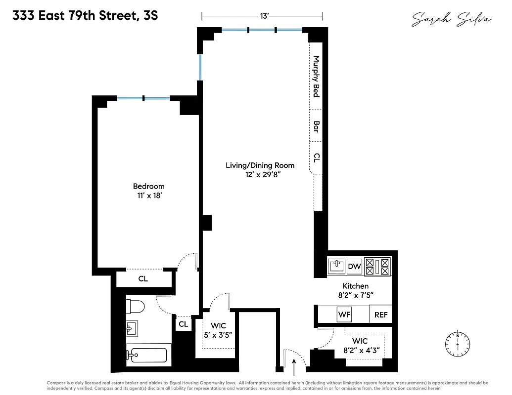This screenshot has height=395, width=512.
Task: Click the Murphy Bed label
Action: pyautogui.click(x=316, y=76)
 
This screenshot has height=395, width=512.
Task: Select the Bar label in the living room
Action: pyautogui.click(x=316, y=125)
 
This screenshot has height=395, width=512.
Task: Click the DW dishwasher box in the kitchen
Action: pyautogui.click(x=355, y=267)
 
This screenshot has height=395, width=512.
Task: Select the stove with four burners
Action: pyautogui.click(x=378, y=267)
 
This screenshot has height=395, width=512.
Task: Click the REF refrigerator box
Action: pyautogui.click(x=381, y=315)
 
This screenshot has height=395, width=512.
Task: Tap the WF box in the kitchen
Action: pyautogui.click(x=344, y=315)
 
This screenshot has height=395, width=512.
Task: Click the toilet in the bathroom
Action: pyautogui.click(x=135, y=307)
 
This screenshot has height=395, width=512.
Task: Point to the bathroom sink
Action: pyautogui.click(x=132, y=328)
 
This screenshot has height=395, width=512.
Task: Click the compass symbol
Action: pyautogui.click(x=458, y=342)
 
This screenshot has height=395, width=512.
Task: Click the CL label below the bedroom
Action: pyautogui.click(x=143, y=279)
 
